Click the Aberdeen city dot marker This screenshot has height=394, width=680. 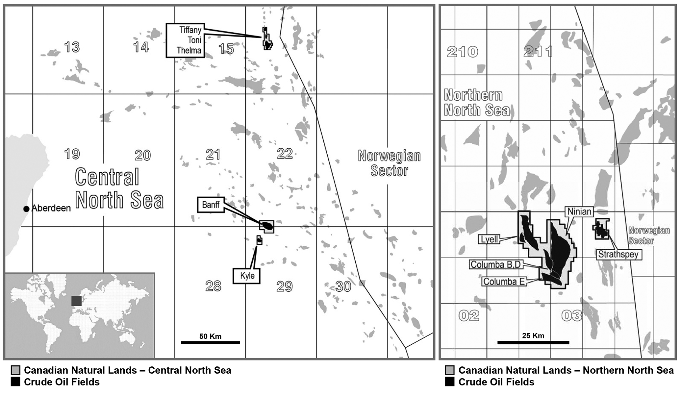[26, 209]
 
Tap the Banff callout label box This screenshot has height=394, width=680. [211, 205]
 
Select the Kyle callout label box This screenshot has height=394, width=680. [247, 276]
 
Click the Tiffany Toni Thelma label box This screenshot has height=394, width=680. [186, 40]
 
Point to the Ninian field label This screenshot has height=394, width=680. [579, 211]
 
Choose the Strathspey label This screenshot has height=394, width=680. [618, 254]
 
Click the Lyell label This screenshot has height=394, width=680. [490, 239]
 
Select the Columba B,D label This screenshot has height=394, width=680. [495, 264]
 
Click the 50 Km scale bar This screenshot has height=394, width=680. [211, 342]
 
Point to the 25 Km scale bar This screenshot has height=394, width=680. [533, 342]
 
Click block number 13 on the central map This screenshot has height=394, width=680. [72, 47]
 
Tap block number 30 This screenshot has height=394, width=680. [343, 287]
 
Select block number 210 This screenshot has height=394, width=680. [462, 52]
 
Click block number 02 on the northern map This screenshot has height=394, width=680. [469, 316]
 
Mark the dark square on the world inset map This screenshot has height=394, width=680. [77, 301]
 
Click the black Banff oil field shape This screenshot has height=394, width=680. [267, 226]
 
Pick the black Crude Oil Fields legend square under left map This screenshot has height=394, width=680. [15, 382]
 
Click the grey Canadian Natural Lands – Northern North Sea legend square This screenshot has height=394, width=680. [450, 370]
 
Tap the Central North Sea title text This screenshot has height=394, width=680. [119, 188]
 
